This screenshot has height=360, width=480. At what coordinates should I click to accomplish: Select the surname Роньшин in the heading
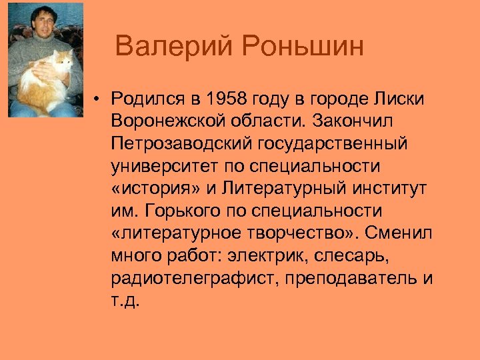click(x=303, y=47)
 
